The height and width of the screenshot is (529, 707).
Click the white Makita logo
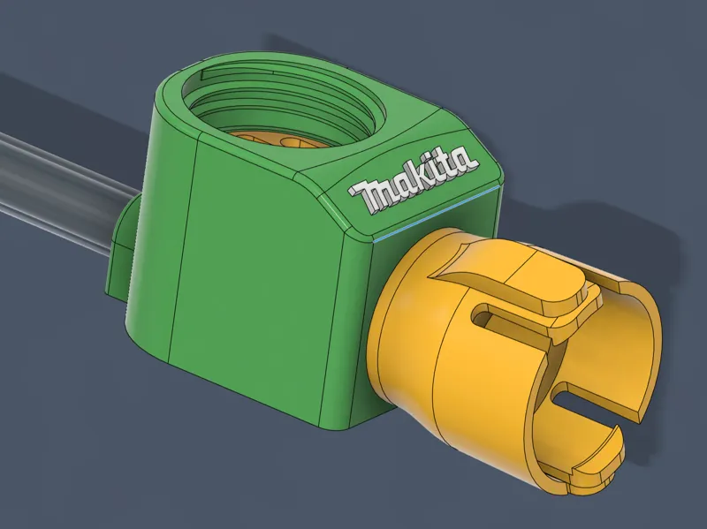coord(413,179)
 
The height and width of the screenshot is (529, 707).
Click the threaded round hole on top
coord(284,107)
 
